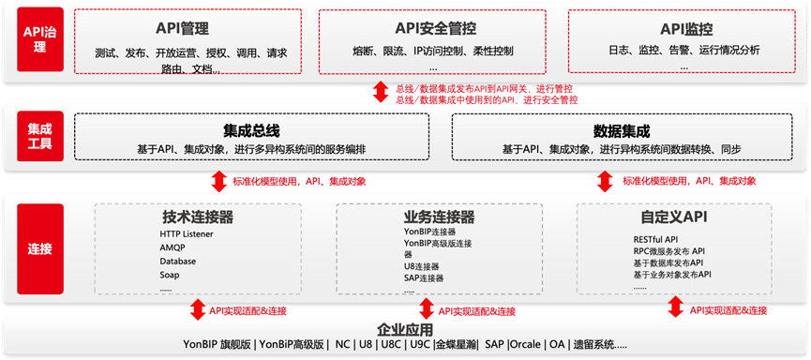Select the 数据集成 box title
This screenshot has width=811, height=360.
tap(622, 129)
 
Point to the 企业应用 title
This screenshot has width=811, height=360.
tap(404, 329)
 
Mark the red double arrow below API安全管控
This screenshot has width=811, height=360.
tap(380, 92)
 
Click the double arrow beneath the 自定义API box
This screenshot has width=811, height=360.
tap(675, 307)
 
